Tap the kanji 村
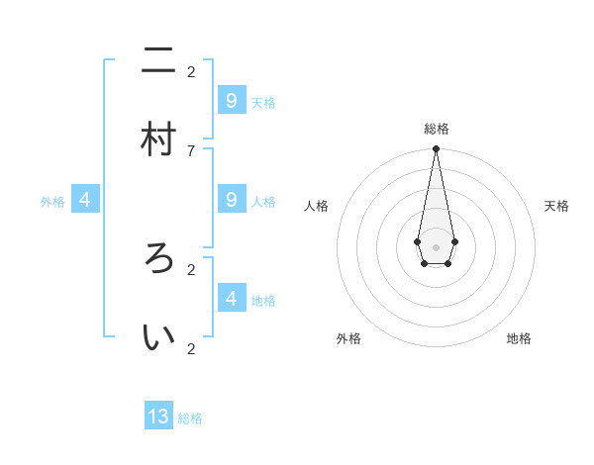pyautogui.click(x=158, y=139)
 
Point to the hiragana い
pyautogui.click(x=158, y=337)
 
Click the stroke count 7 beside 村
pyautogui.click(x=190, y=149)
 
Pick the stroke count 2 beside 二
pyautogui.click(x=190, y=71)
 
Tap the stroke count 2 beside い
pyautogui.click(x=190, y=348)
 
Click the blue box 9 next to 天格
pyautogui.click(x=231, y=101)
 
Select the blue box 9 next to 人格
pyautogui.click(x=231, y=200)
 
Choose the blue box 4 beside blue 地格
pyautogui.click(x=231, y=297)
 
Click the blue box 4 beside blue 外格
pyautogui.click(x=85, y=200)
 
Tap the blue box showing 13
pyautogui.click(x=158, y=417)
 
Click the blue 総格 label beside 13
pyautogui.click(x=190, y=418)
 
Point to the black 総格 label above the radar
pyautogui.click(x=436, y=129)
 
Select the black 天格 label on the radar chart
pyautogui.click(x=556, y=206)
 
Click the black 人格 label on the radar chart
pyautogui.click(x=316, y=206)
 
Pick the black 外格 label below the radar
pyautogui.click(x=348, y=338)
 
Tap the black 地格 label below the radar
pyautogui.click(x=519, y=338)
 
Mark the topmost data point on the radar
pyautogui.click(x=436, y=149)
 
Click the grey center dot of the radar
pyautogui.click(x=436, y=246)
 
